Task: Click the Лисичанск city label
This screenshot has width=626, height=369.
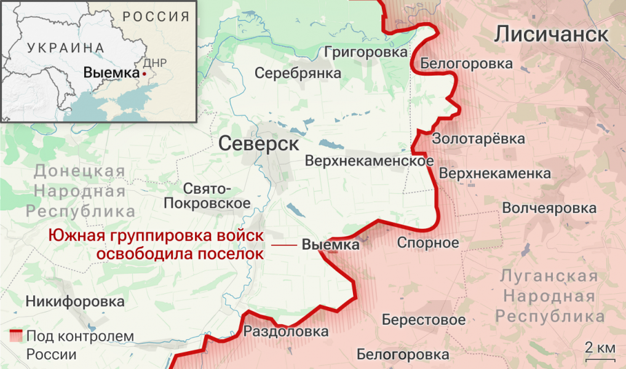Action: point(552,34)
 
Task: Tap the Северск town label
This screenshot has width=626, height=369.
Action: point(258,145)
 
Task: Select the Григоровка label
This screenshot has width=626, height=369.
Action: point(366,52)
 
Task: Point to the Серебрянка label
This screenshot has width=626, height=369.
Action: point(298,73)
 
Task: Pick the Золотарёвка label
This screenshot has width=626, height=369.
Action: point(478,138)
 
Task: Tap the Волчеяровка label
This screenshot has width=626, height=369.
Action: point(549,208)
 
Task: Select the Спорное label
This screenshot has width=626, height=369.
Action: point(428,242)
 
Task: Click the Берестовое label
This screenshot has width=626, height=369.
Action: point(423,320)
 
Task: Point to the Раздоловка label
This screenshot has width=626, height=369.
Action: point(286,332)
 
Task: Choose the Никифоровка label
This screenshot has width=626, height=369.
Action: point(75,301)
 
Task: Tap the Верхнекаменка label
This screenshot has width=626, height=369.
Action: point(495,173)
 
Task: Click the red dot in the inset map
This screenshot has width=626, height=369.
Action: point(144,73)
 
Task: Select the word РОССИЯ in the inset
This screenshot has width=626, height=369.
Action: point(156,17)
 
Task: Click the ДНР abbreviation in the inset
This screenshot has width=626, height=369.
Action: point(154,63)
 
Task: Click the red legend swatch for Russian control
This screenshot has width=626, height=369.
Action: point(16,336)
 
